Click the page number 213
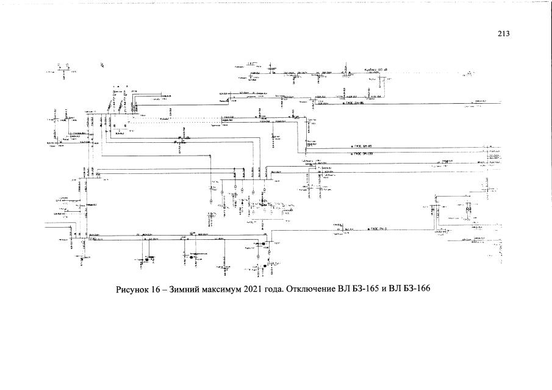point(503,34)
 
